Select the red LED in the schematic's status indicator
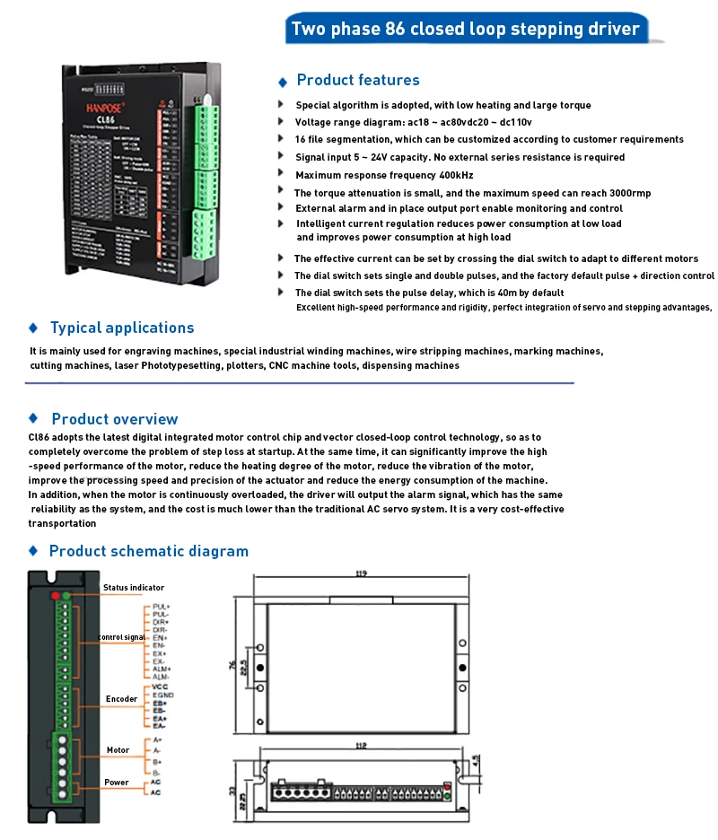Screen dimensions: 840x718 tap(56, 595)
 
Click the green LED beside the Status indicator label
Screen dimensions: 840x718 tap(66, 595)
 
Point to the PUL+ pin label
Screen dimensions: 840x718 tap(162, 607)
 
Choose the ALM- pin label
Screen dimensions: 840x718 tap(162, 676)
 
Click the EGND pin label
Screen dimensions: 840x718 tap(162, 695)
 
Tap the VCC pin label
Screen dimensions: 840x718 tap(161, 687)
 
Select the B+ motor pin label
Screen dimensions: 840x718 tap(157, 761)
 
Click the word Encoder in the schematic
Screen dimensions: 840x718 tap(122, 699)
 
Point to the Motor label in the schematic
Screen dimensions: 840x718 tap(118, 750)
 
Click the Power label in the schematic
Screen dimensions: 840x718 tap(117, 783)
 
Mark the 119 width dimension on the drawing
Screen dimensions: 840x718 tap(362, 571)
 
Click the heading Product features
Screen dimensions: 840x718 tap(358, 80)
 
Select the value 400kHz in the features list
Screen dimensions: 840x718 tap(454, 175)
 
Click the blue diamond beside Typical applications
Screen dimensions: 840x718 tap(33, 328)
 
